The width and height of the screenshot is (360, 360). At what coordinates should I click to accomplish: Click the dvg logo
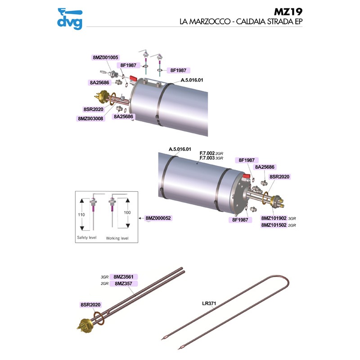(69, 19)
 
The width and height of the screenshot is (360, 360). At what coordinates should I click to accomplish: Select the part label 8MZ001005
(105, 58)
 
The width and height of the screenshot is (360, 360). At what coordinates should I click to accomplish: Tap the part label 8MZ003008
(90, 119)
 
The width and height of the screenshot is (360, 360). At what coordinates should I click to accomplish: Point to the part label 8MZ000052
(159, 218)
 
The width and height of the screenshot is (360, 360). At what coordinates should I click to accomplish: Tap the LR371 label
(210, 303)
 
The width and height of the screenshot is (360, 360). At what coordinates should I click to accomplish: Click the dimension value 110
(81, 215)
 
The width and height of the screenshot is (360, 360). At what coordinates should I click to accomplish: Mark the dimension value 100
(127, 211)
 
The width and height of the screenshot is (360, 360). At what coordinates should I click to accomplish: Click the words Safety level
(87, 237)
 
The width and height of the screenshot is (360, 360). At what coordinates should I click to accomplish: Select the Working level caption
(117, 238)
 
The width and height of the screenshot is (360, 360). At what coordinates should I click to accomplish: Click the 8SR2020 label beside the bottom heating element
(90, 305)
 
